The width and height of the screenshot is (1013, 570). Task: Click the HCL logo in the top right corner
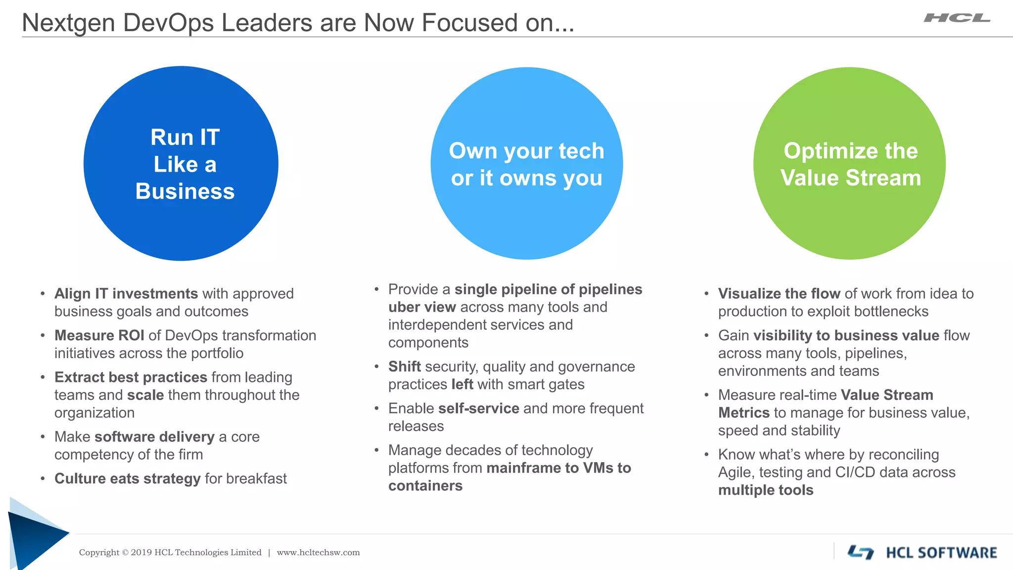957,18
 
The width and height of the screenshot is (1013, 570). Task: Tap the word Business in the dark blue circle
185,191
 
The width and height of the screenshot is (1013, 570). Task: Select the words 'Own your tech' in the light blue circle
526,151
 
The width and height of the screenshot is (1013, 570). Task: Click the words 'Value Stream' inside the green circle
851,178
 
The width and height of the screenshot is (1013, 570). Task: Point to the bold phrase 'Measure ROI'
99,335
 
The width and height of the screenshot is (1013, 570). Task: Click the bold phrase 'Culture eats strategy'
127,478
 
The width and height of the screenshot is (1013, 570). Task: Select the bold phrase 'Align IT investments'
126,293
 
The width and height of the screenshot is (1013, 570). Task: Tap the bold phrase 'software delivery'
154,437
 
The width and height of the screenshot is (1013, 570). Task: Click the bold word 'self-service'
478,408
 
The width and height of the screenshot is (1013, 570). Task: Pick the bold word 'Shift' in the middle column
404,367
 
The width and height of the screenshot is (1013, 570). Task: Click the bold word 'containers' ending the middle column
425,486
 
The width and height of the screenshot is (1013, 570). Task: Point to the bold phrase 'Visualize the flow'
779,293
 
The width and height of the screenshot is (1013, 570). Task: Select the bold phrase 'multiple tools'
766,490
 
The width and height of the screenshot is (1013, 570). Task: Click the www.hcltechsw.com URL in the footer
318,553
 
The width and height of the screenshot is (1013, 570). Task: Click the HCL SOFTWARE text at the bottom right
941,553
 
